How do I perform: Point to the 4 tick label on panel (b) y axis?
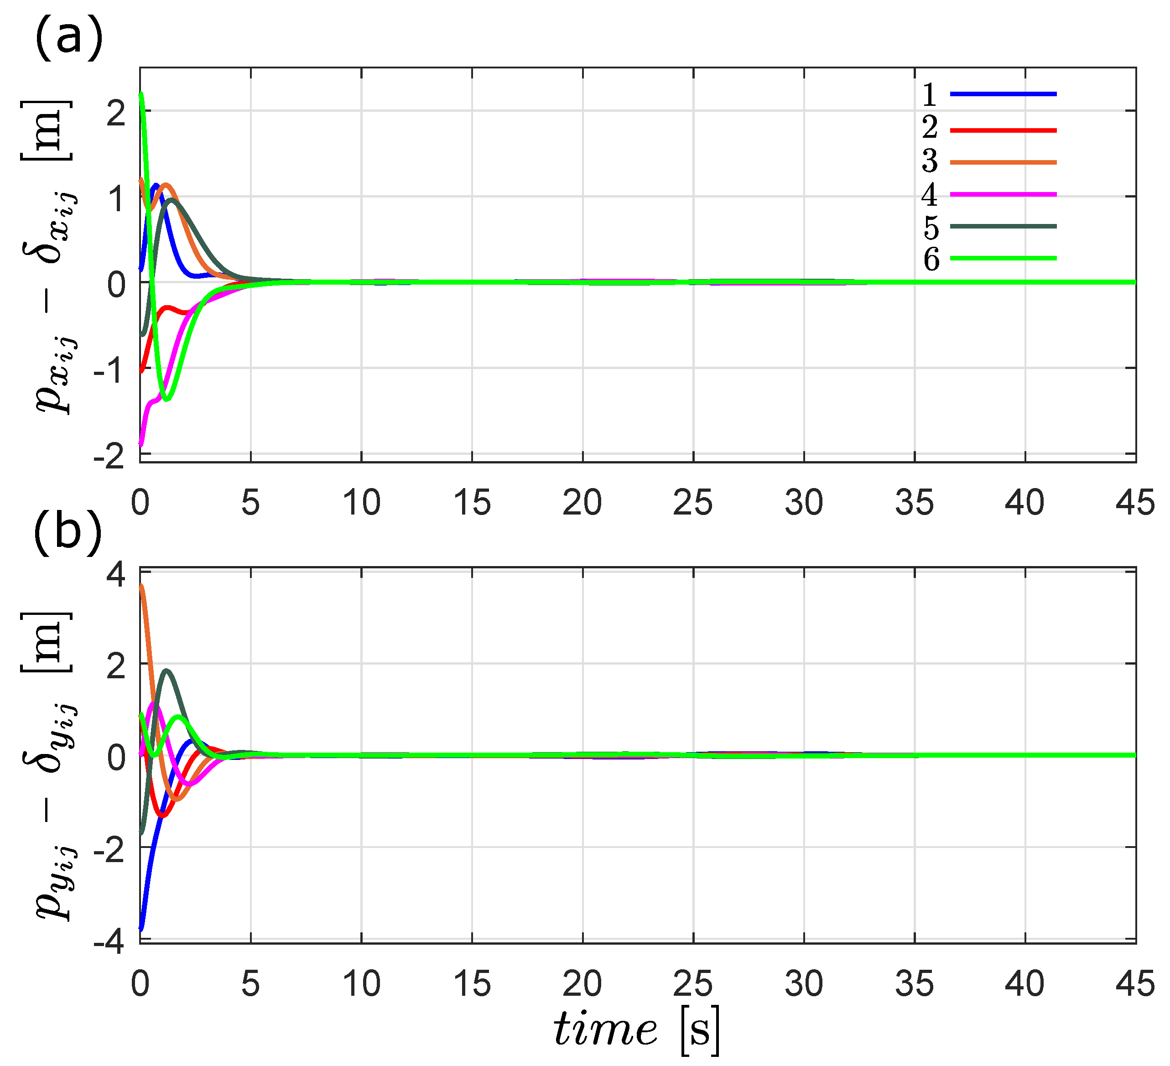(x=116, y=576)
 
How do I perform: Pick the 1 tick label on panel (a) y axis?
(x=116, y=199)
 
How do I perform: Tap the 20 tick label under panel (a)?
(x=582, y=503)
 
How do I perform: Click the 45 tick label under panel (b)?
(x=1134, y=984)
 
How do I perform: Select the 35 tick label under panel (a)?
(x=914, y=503)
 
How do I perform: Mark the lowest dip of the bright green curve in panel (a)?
(x=166, y=399)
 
